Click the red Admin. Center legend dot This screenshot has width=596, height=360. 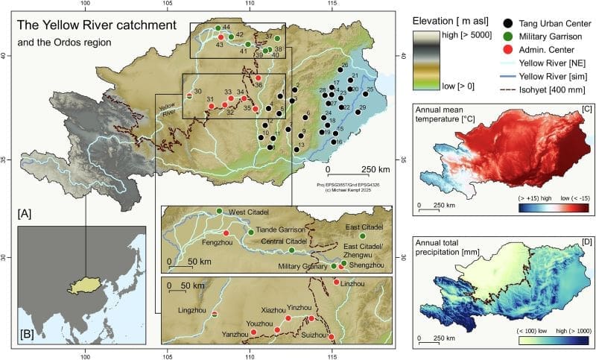click(507, 49)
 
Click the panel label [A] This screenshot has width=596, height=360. click(25, 214)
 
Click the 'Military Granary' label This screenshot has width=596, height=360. click(302, 266)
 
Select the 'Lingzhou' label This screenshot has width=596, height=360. click(193, 309)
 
